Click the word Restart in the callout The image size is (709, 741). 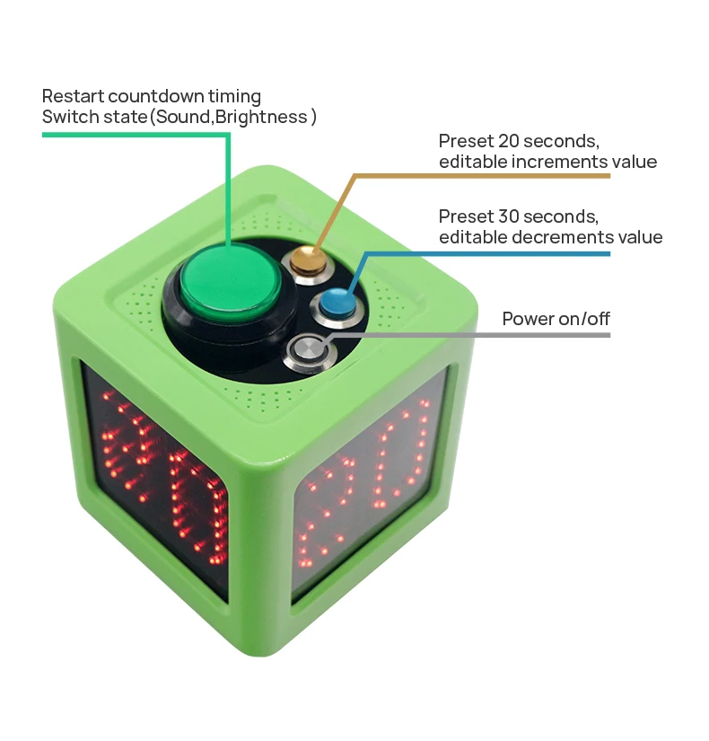point(71,95)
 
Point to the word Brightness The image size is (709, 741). point(270,117)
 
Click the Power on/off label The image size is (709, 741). point(556,318)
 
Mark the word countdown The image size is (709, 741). point(159,95)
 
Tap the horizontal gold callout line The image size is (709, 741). point(485,175)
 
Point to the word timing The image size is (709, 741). point(239,95)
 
